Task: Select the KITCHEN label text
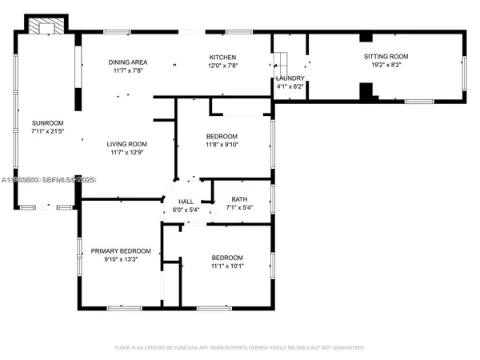[222, 58]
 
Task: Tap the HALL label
[186, 202]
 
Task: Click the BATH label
[239, 200]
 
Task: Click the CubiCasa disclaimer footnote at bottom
[240, 348]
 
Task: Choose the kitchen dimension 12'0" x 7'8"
[222, 66]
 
